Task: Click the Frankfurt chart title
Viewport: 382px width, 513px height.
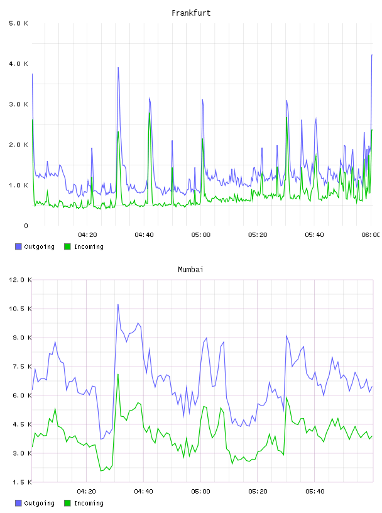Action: pos(191,13)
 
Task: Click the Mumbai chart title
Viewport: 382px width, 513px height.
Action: pos(190,269)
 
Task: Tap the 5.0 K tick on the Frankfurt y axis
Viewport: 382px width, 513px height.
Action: pos(18,23)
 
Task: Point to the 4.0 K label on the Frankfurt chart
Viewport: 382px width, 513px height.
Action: pos(18,63)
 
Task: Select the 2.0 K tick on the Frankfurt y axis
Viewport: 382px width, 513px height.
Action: pos(18,145)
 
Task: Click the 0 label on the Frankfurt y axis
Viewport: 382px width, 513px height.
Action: pos(26,226)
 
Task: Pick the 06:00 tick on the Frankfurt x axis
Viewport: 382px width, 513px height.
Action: pos(371,234)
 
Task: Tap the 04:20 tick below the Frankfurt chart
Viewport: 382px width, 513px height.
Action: pos(87,234)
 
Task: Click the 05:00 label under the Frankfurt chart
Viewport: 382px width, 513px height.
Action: pos(201,234)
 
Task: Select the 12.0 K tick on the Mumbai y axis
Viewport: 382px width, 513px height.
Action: pos(20,280)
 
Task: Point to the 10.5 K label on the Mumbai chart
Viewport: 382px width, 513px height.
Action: pos(20,309)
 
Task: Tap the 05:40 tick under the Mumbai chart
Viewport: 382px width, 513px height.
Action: pos(315,491)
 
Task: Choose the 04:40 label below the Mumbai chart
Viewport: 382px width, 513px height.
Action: pos(144,491)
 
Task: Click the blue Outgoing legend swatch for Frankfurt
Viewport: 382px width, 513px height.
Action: pos(18,246)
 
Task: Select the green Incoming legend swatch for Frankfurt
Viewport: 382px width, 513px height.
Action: pos(67,246)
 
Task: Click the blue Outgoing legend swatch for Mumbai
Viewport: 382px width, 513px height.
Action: pos(18,503)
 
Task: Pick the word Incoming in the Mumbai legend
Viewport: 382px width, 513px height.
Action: pos(89,503)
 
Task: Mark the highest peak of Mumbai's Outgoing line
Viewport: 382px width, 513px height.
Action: pos(118,304)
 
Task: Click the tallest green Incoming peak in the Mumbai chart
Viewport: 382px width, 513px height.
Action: pos(118,374)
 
